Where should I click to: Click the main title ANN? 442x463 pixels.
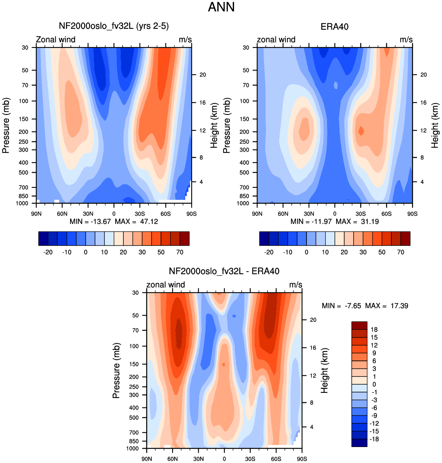[x=221, y=7]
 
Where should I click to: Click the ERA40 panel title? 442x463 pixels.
[x=334, y=27]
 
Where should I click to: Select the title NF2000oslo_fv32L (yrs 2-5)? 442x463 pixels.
[x=114, y=26]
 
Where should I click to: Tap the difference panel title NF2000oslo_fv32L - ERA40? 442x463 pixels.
[x=224, y=271]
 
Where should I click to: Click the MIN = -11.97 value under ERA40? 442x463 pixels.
[x=311, y=221]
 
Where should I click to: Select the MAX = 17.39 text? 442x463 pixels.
[x=387, y=306]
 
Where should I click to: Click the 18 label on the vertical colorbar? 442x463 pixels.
[x=374, y=330]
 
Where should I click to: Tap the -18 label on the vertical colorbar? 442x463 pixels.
[x=374, y=439]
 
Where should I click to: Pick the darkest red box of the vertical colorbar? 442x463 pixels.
[x=359, y=325]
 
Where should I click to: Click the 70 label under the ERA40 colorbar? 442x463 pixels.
[x=400, y=252]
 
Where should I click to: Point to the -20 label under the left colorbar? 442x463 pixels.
[x=48, y=252]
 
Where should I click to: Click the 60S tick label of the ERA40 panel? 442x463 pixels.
[x=387, y=214]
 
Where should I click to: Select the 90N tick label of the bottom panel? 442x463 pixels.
[x=147, y=459]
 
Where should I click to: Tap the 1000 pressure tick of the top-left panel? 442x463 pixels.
[x=22, y=203]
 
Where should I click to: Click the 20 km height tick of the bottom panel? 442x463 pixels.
[x=313, y=320]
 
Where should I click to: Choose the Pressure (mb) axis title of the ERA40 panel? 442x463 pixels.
[x=226, y=125]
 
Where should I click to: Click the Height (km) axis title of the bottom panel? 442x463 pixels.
[x=324, y=371]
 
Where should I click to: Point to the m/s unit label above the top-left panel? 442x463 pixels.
[x=185, y=40]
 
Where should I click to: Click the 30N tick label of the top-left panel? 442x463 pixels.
[x=88, y=214]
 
